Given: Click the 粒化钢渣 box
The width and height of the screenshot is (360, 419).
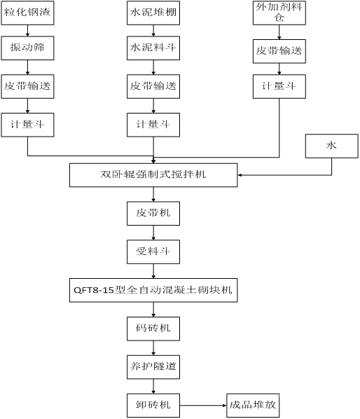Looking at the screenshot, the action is [x=27, y=13].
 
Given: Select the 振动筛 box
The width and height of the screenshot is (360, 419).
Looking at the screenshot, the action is [x=27, y=48].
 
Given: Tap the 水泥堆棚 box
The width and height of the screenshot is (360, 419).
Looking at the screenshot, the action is [x=153, y=13].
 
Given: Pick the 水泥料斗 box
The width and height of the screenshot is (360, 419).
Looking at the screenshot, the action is [x=153, y=48].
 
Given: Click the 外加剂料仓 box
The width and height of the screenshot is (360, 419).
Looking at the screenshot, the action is [x=279, y=13].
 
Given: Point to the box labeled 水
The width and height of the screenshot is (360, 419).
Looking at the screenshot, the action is [x=332, y=146].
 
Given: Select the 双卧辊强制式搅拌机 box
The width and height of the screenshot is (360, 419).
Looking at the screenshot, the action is [x=153, y=175].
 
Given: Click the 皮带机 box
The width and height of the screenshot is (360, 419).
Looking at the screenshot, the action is [x=153, y=213].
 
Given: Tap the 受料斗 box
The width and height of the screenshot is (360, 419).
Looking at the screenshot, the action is [x=153, y=252].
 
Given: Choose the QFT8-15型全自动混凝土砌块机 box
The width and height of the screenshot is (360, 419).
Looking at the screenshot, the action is [x=153, y=291].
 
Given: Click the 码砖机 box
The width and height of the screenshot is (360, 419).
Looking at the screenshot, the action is [x=153, y=329].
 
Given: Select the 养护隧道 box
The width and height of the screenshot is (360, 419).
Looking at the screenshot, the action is [x=153, y=367].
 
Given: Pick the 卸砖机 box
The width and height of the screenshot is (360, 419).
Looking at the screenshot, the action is [x=153, y=406].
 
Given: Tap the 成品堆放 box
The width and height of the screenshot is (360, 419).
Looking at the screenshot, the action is [x=253, y=406].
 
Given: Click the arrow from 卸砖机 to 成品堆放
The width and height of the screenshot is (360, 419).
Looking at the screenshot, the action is [x=203, y=406].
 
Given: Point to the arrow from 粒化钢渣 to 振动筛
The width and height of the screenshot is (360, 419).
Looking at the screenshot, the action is [x=27, y=31].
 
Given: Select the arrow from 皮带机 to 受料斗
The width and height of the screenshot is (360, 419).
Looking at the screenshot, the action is [x=153, y=233].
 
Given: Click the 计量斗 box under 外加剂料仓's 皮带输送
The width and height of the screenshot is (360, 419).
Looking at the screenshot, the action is [x=279, y=87].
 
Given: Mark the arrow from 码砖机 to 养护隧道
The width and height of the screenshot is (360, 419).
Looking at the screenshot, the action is [x=153, y=348].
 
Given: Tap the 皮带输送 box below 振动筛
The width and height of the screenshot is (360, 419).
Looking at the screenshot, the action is [x=27, y=87].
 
